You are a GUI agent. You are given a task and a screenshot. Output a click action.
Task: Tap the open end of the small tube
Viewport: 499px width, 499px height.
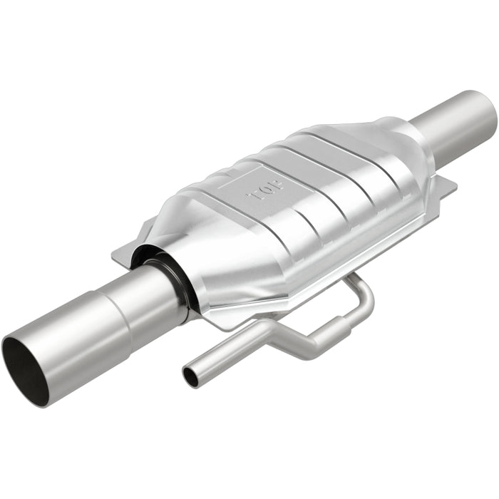coord(190,377)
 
